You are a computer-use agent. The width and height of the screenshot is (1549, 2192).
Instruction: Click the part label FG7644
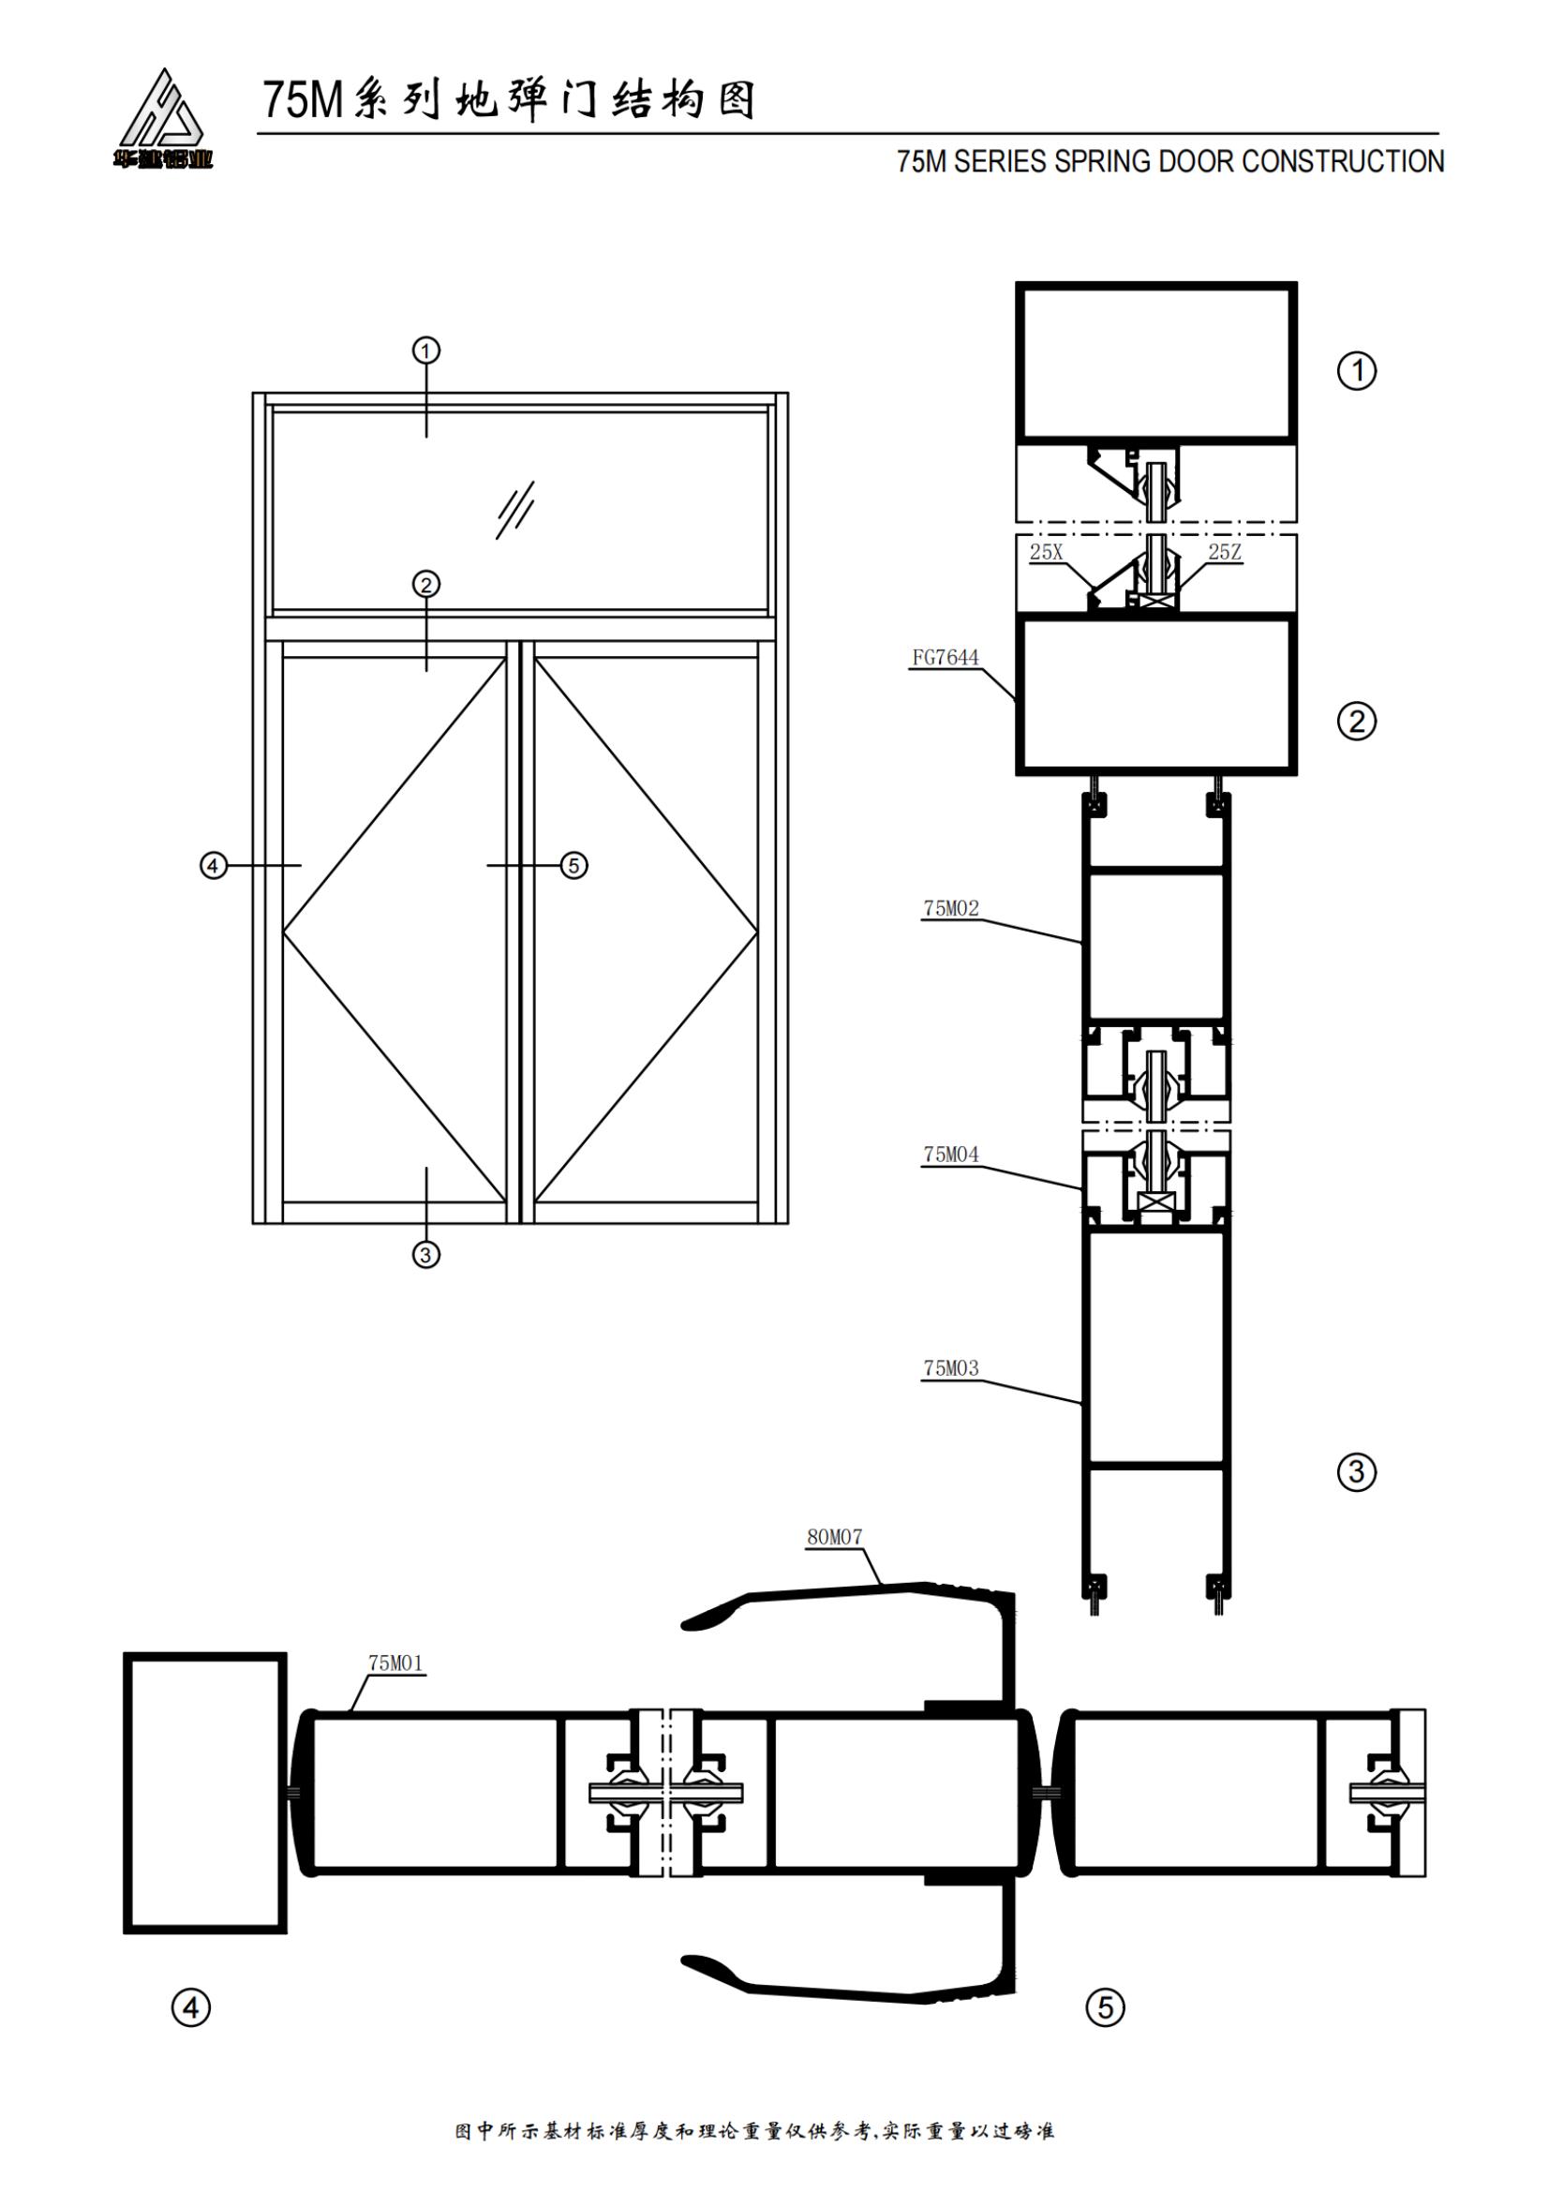pyautogui.click(x=945, y=658)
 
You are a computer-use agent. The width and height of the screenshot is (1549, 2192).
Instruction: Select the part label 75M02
pyautogui.click(x=950, y=908)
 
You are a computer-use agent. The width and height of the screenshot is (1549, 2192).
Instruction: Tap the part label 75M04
pyautogui.click(x=950, y=1155)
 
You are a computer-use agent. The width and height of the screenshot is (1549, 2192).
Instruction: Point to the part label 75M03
pyautogui.click(x=950, y=1368)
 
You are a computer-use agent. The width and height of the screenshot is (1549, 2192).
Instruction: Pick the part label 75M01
pyautogui.click(x=395, y=1663)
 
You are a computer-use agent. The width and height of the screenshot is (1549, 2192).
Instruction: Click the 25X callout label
pyautogui.click(x=1046, y=552)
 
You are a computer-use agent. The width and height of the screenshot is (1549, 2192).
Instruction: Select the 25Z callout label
pyautogui.click(x=1225, y=552)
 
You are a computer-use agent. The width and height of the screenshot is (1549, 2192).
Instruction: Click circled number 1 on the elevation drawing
pyautogui.click(x=425, y=350)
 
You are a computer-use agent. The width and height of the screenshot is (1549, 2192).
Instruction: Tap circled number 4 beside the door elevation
pyautogui.click(x=212, y=866)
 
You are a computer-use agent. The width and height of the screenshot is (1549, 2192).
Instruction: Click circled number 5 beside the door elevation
pyautogui.click(x=573, y=866)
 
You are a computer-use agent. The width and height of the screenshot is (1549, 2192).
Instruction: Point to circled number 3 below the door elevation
pyautogui.click(x=425, y=1254)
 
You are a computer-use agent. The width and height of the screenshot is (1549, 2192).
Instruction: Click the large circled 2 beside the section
pyautogui.click(x=1356, y=721)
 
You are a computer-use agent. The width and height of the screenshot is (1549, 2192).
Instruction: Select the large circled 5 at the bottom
pyautogui.click(x=1105, y=2007)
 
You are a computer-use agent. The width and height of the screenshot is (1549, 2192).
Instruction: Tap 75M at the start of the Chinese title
pyautogui.click(x=303, y=100)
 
